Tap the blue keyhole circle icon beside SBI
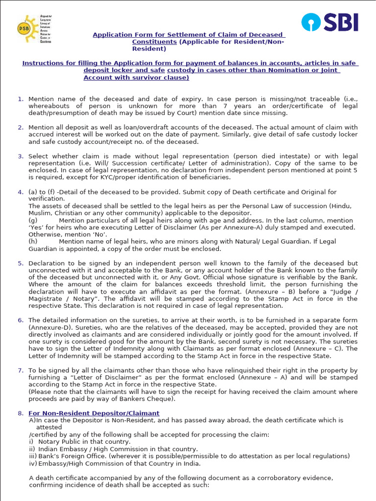point(310,22)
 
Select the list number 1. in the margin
point(21,99)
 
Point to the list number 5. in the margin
point(21,263)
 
